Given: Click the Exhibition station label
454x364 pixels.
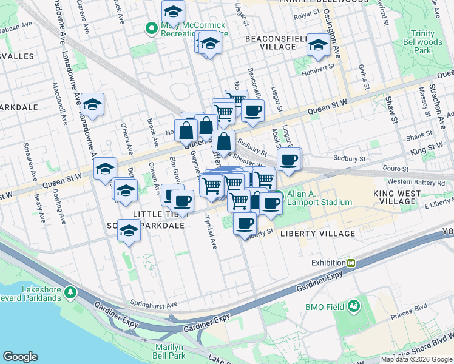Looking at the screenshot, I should pos(328,263).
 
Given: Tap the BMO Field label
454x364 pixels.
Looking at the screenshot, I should pos(325,307).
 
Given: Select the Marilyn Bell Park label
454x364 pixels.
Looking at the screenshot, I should pos(169,351).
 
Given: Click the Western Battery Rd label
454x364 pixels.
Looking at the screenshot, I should pos(416,182).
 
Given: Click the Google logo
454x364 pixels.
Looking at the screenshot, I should pos(20,357).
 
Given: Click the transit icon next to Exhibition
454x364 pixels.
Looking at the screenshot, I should pos(351,263).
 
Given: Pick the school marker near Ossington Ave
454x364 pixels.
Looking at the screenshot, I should pos(317,44).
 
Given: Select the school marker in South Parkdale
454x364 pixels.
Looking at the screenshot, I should pos(129,231).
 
